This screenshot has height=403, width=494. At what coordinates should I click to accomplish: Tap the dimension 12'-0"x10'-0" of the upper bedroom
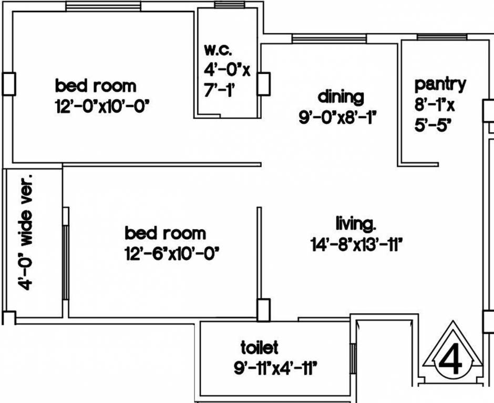[x=102, y=107]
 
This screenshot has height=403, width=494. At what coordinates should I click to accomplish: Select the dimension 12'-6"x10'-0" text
[x=172, y=253]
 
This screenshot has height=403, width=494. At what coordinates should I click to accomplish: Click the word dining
[x=341, y=97]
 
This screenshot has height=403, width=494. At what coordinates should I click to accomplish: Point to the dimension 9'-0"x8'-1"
[x=337, y=118]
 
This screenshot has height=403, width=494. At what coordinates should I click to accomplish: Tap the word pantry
[x=440, y=84]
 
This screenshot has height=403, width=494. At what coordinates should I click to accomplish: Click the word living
[x=356, y=223]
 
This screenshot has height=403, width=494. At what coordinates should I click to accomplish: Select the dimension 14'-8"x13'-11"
[x=357, y=244]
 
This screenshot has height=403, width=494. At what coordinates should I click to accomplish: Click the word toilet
[x=259, y=347]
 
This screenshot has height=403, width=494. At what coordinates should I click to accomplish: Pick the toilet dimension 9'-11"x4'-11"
[x=275, y=368]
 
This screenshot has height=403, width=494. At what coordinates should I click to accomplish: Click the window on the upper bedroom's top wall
[x=103, y=6]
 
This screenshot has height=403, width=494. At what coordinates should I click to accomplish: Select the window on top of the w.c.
[x=229, y=5]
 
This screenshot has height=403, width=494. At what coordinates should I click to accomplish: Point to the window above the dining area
[x=329, y=39]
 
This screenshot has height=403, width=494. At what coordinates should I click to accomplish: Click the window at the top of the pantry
[x=441, y=37]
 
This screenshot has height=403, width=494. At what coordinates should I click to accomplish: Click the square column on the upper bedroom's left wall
[x=9, y=84]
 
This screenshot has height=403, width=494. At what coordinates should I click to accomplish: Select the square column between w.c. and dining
[x=263, y=83]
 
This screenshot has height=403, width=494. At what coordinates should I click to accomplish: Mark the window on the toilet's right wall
[x=353, y=358]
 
